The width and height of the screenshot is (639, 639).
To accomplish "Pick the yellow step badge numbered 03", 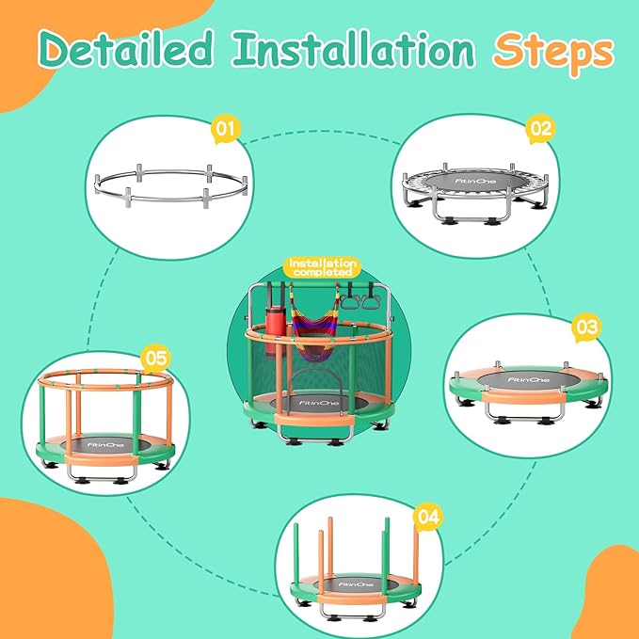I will point(585,328).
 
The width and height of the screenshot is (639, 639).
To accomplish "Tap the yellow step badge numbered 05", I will point(155,358).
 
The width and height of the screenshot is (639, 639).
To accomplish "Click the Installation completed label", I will point(322,266).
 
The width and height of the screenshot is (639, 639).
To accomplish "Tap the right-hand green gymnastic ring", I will point(373,302).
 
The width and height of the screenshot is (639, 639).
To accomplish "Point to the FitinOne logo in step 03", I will point(525,379).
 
